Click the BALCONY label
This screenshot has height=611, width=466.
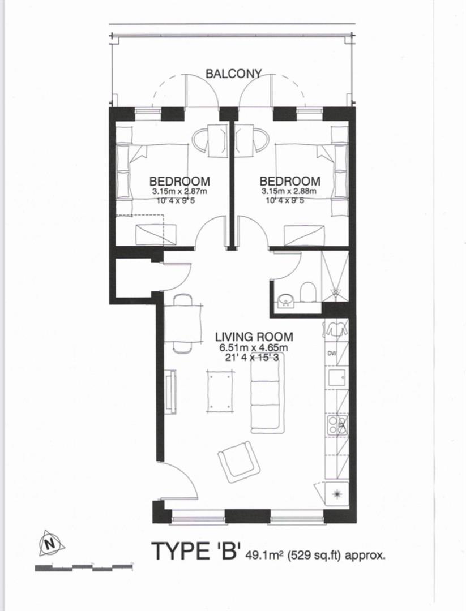[x=233, y=74]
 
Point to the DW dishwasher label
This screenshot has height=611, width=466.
[x=332, y=354]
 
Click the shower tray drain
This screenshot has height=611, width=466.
[x=336, y=293]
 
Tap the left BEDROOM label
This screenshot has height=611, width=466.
[x=179, y=182]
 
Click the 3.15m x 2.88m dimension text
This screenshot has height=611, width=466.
[x=289, y=191]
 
